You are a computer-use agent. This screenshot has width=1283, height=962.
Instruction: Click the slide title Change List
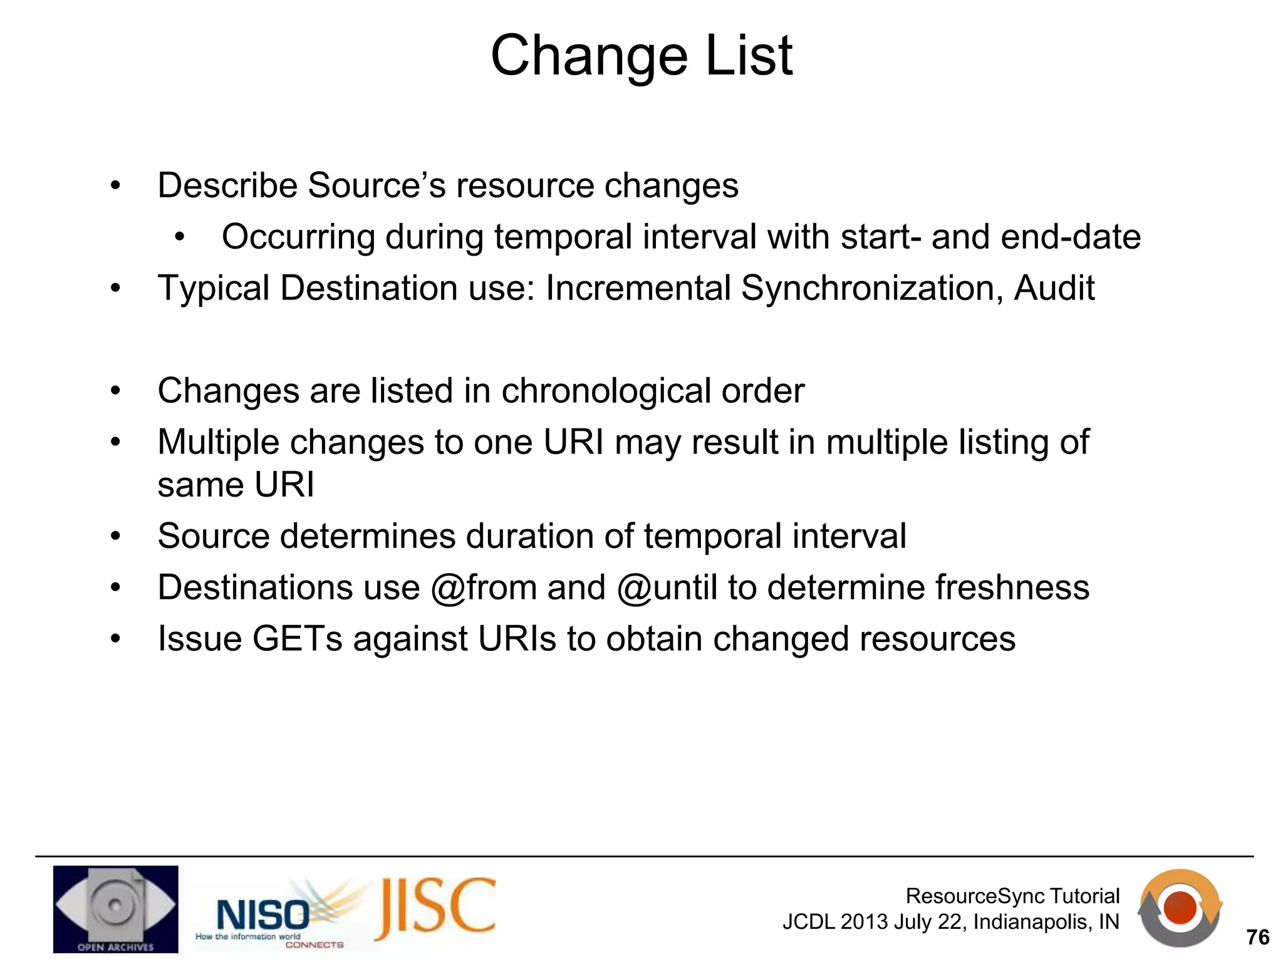click(x=641, y=56)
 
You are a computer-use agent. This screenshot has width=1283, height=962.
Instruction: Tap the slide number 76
click(x=1257, y=937)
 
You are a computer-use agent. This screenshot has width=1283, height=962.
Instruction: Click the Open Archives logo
click(x=115, y=909)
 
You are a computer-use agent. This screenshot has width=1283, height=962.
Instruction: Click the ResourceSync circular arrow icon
click(x=1180, y=908)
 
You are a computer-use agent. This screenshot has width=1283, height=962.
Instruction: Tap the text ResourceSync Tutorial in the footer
click(x=1012, y=896)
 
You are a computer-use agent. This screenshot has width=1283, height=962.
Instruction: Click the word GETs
click(x=298, y=639)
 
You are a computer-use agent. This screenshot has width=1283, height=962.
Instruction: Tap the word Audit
click(x=1054, y=289)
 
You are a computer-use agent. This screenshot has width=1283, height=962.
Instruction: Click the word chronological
click(x=606, y=391)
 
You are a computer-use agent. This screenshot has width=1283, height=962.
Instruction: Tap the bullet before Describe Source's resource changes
click(x=115, y=186)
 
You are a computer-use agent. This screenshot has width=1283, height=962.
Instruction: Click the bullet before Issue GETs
click(x=115, y=640)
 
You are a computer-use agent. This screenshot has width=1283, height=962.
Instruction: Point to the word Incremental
click(x=638, y=289)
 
